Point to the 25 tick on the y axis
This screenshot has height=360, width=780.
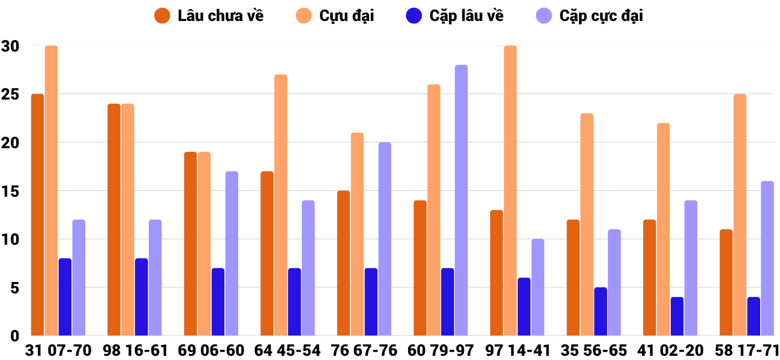point(10,94)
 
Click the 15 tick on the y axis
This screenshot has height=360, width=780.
point(10,191)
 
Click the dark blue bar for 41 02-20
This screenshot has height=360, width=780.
point(677,316)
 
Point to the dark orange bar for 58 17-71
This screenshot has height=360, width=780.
point(725,283)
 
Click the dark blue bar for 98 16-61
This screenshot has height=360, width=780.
point(141,297)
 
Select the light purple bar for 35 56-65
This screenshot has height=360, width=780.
point(614,283)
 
